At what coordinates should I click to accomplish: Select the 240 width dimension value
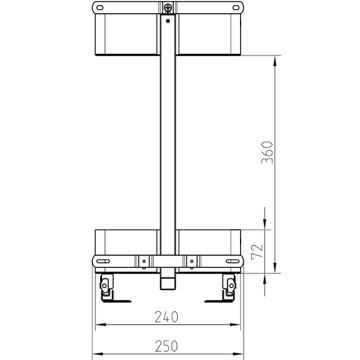(x=168, y=317)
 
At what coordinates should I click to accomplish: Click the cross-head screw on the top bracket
(x=168, y=8)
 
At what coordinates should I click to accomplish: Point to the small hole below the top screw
(x=168, y=20)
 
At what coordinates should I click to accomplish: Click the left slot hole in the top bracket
(x=100, y=8)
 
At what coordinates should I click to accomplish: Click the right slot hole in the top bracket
(x=236, y=8)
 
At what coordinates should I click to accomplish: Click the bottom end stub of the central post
(x=168, y=281)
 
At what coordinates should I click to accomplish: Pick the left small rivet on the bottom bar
(x=144, y=261)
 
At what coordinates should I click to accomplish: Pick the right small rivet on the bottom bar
(x=192, y=261)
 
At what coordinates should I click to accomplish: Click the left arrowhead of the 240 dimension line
(x=100, y=325)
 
